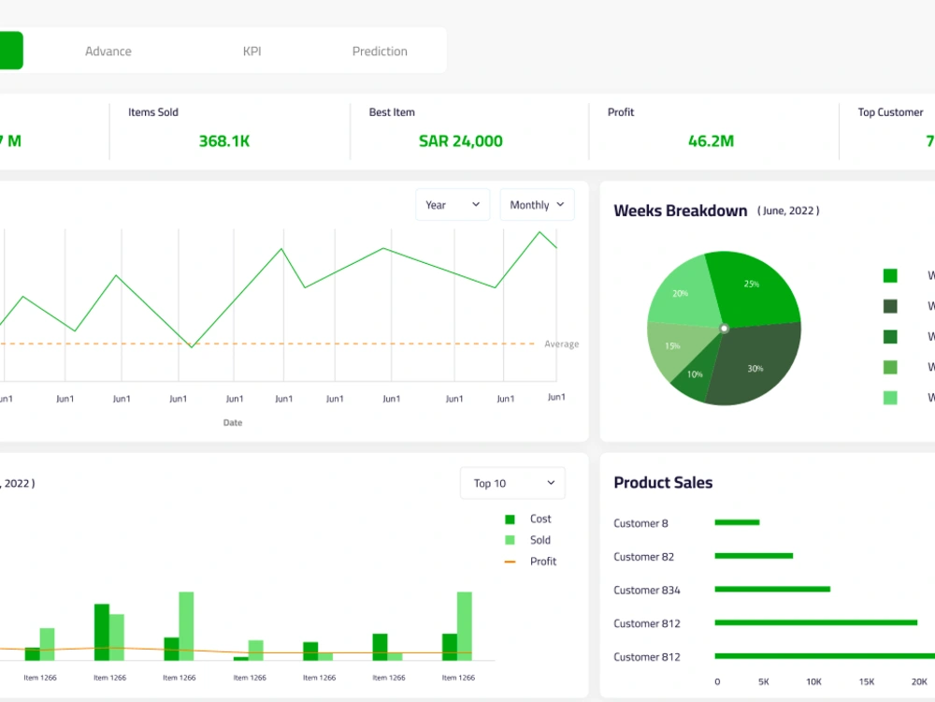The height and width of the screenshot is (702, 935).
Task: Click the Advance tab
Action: point(108,51)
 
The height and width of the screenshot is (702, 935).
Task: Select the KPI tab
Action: point(252,51)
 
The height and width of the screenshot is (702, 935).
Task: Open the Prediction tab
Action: point(380,51)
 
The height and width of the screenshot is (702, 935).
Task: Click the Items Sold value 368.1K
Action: point(224,141)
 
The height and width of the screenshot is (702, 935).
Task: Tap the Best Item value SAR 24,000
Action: point(460,141)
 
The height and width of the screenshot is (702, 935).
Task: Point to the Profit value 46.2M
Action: point(711,141)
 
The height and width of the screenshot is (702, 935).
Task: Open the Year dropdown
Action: point(453,205)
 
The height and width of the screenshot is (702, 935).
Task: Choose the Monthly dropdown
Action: point(537,205)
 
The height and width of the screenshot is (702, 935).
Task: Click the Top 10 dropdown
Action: point(512,483)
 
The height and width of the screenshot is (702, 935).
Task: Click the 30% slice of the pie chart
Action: point(755,368)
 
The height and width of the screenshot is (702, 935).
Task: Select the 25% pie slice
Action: point(751,284)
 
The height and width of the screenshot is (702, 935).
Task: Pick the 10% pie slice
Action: point(695,374)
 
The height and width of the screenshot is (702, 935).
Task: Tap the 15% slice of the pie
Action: point(673,346)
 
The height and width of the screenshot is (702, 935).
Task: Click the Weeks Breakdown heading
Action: point(680,211)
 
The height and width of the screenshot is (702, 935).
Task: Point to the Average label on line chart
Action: point(561,344)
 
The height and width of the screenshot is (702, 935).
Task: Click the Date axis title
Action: point(233,423)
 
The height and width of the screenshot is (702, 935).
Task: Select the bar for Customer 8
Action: point(737,522)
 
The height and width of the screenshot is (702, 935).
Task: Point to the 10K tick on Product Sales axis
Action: point(813,682)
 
